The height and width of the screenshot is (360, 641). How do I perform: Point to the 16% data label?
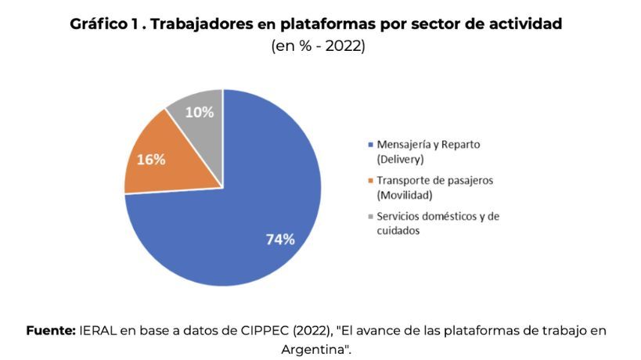151,160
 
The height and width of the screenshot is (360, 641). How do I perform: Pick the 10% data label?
200,113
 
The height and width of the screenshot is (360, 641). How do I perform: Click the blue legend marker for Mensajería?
370,146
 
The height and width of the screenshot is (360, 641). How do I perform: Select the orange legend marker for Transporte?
370,181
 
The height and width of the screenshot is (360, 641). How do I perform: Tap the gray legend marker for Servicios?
370,216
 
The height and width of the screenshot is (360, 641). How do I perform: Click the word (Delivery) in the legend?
401,160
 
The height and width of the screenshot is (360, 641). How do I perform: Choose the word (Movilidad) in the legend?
405,195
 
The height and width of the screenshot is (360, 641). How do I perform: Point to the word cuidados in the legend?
398,230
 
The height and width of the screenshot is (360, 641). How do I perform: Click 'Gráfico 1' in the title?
104,24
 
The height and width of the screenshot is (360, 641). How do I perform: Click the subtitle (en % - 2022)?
318,47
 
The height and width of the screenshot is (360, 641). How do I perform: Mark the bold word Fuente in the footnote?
50,330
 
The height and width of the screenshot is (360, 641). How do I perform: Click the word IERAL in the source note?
98,330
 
